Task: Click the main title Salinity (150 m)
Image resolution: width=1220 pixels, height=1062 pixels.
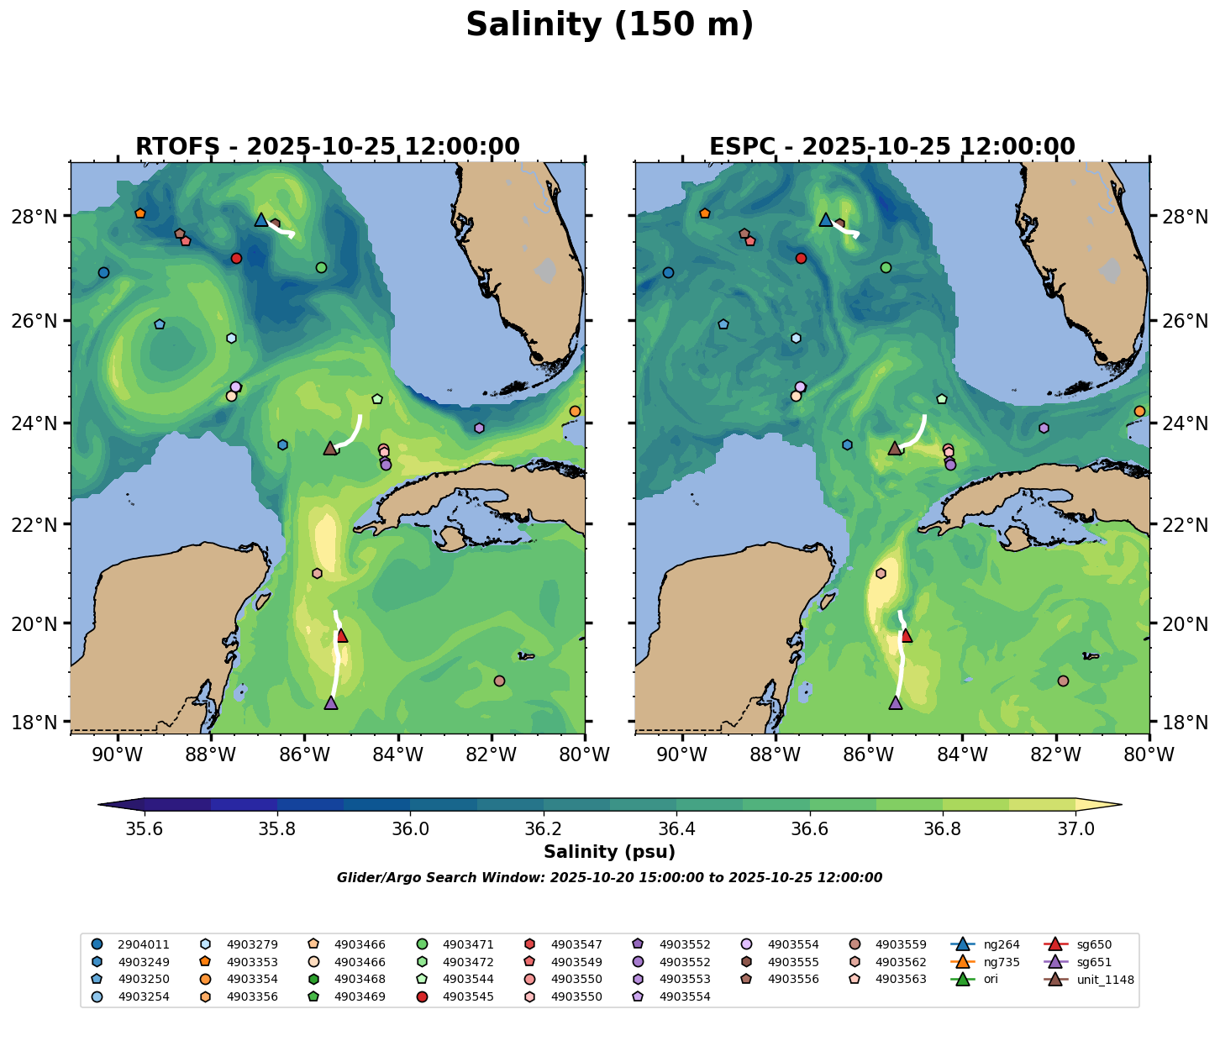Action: pyautogui.click(x=609, y=25)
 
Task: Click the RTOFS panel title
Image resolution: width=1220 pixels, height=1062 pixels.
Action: pyautogui.click(x=327, y=147)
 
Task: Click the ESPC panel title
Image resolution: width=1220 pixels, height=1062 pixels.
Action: pyautogui.click(x=891, y=147)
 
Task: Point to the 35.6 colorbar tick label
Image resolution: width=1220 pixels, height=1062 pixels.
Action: pyautogui.click(x=145, y=829)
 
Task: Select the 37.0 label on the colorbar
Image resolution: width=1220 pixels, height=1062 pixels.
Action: pyautogui.click(x=1075, y=829)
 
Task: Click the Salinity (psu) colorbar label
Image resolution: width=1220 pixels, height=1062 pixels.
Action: pyautogui.click(x=609, y=852)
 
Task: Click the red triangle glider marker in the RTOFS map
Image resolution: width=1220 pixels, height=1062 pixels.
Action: pyautogui.click(x=342, y=636)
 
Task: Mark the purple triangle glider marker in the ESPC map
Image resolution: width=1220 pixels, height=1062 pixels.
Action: pyautogui.click(x=895, y=703)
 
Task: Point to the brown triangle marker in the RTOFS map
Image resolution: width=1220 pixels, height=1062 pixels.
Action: pyautogui.click(x=330, y=449)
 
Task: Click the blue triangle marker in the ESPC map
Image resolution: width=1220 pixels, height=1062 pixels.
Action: pyautogui.click(x=825, y=220)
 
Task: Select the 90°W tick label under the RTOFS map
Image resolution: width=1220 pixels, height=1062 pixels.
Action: pyautogui.click(x=116, y=755)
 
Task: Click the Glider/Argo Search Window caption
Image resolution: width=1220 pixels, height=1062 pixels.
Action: pyautogui.click(x=609, y=878)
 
